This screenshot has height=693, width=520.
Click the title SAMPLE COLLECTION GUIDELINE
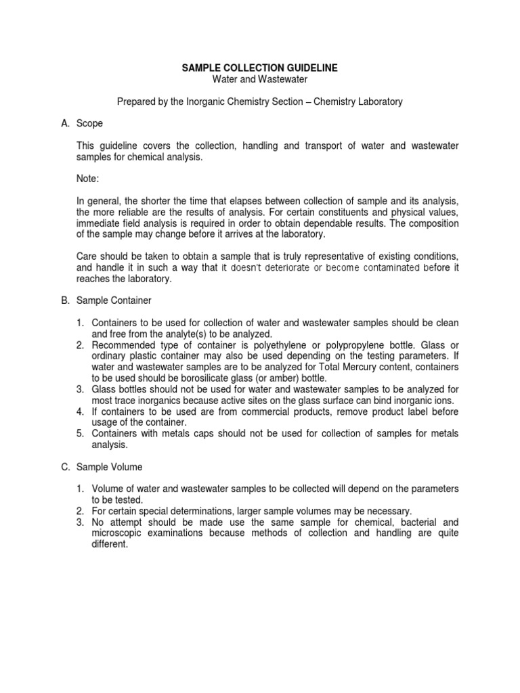point(260,68)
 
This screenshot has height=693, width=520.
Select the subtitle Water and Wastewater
point(260,80)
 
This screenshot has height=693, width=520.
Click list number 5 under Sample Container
point(79,432)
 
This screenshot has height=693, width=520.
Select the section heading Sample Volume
point(114,466)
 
